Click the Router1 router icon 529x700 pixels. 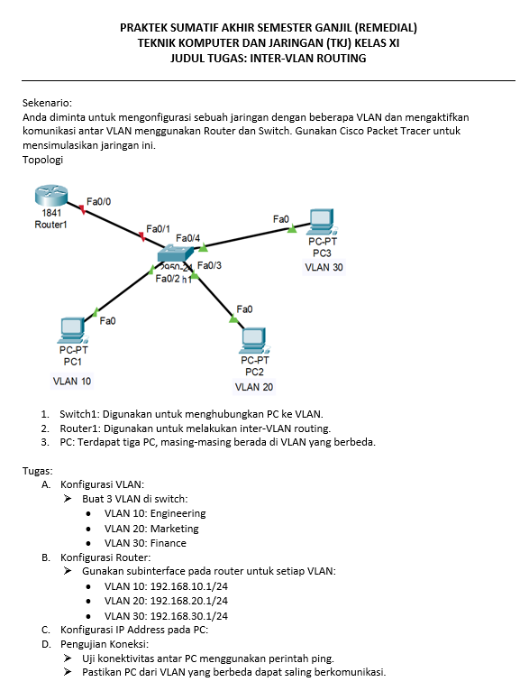pos(50,196)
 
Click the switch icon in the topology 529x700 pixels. pos(176,253)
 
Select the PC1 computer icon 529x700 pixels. pos(73,330)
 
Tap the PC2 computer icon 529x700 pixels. pos(255,341)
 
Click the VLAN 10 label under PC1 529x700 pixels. pos(72,382)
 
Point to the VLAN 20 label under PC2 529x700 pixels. pos(254,387)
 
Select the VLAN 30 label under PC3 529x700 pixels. pos(324,267)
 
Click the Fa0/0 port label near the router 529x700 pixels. pos(98,202)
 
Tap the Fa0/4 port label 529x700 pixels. pos(187,238)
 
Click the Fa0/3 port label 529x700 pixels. pos(209,265)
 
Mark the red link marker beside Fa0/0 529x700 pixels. pos(82,209)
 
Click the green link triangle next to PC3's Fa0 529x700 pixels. pos(292,228)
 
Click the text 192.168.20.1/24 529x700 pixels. pos(189,601)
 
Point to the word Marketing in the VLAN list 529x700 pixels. pos(175,529)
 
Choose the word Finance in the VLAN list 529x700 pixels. pos(169,543)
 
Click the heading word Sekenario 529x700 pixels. pos(47,103)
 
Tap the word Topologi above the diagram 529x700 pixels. pos(43,160)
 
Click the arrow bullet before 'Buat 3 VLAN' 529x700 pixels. pos(68,498)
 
